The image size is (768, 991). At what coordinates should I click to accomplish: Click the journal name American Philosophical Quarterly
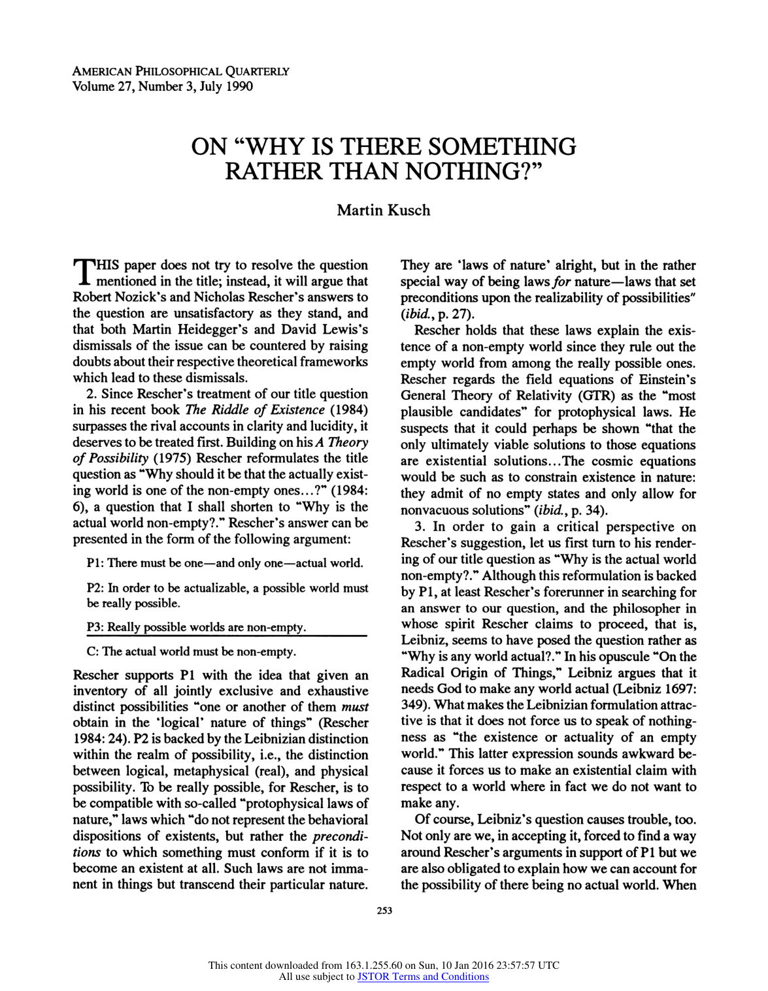coord(180,71)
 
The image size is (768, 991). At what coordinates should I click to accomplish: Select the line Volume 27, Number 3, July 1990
coord(162,86)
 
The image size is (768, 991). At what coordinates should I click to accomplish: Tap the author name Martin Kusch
coord(384,210)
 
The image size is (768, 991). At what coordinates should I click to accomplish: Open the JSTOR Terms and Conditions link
coord(423,977)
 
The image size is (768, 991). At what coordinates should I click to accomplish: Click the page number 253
coord(384,911)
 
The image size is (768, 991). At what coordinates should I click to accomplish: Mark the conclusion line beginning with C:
coord(191,651)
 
